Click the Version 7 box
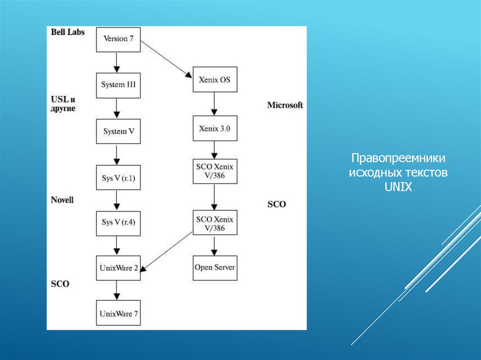click(118, 39)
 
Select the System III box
click(118, 85)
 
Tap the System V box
click(118, 131)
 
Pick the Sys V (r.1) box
click(118, 177)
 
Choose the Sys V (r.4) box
click(118, 222)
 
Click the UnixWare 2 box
click(118, 268)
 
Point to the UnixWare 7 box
click(118, 313)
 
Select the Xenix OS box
click(215, 80)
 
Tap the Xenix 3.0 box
click(215, 128)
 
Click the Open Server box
click(215, 268)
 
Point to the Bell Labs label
click(68, 32)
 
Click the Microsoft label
click(285, 105)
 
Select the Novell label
click(62, 200)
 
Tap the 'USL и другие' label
click(63, 104)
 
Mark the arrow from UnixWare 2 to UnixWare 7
click(117, 291)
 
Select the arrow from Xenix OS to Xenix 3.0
click(215, 104)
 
